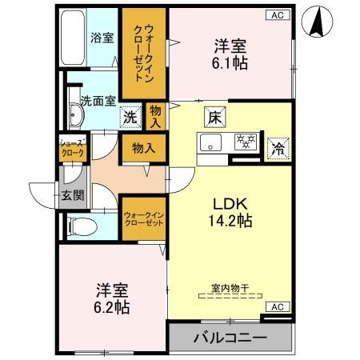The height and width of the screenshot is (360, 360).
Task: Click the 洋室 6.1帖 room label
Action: click(x=228, y=54)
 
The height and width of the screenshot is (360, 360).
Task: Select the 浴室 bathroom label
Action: click(x=102, y=36)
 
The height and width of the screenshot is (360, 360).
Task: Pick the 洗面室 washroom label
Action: click(x=98, y=100)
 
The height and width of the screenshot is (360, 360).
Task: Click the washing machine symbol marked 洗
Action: click(x=130, y=117)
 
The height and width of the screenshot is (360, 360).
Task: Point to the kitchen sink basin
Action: click(x=211, y=144)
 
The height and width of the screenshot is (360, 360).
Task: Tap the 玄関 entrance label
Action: click(x=71, y=196)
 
